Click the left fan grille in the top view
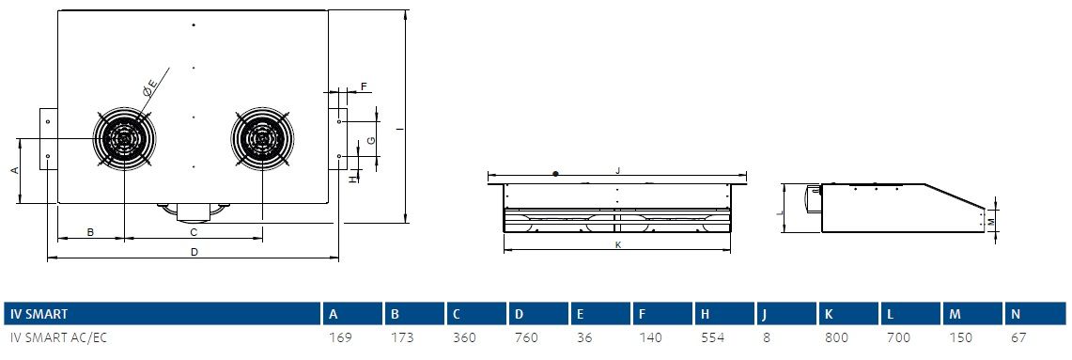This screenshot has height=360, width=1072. (x=124, y=138)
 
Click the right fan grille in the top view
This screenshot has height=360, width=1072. (x=262, y=138)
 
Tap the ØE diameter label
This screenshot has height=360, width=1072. (x=149, y=88)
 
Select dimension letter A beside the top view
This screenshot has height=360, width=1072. (x=15, y=170)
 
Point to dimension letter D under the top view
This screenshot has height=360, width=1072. (x=194, y=253)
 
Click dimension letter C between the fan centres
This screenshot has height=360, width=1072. (x=194, y=232)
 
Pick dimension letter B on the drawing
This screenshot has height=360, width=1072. (x=90, y=232)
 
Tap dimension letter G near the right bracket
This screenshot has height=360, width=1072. (x=370, y=140)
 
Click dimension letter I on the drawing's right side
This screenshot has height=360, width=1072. (x=397, y=128)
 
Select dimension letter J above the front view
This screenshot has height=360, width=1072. (x=617, y=170)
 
